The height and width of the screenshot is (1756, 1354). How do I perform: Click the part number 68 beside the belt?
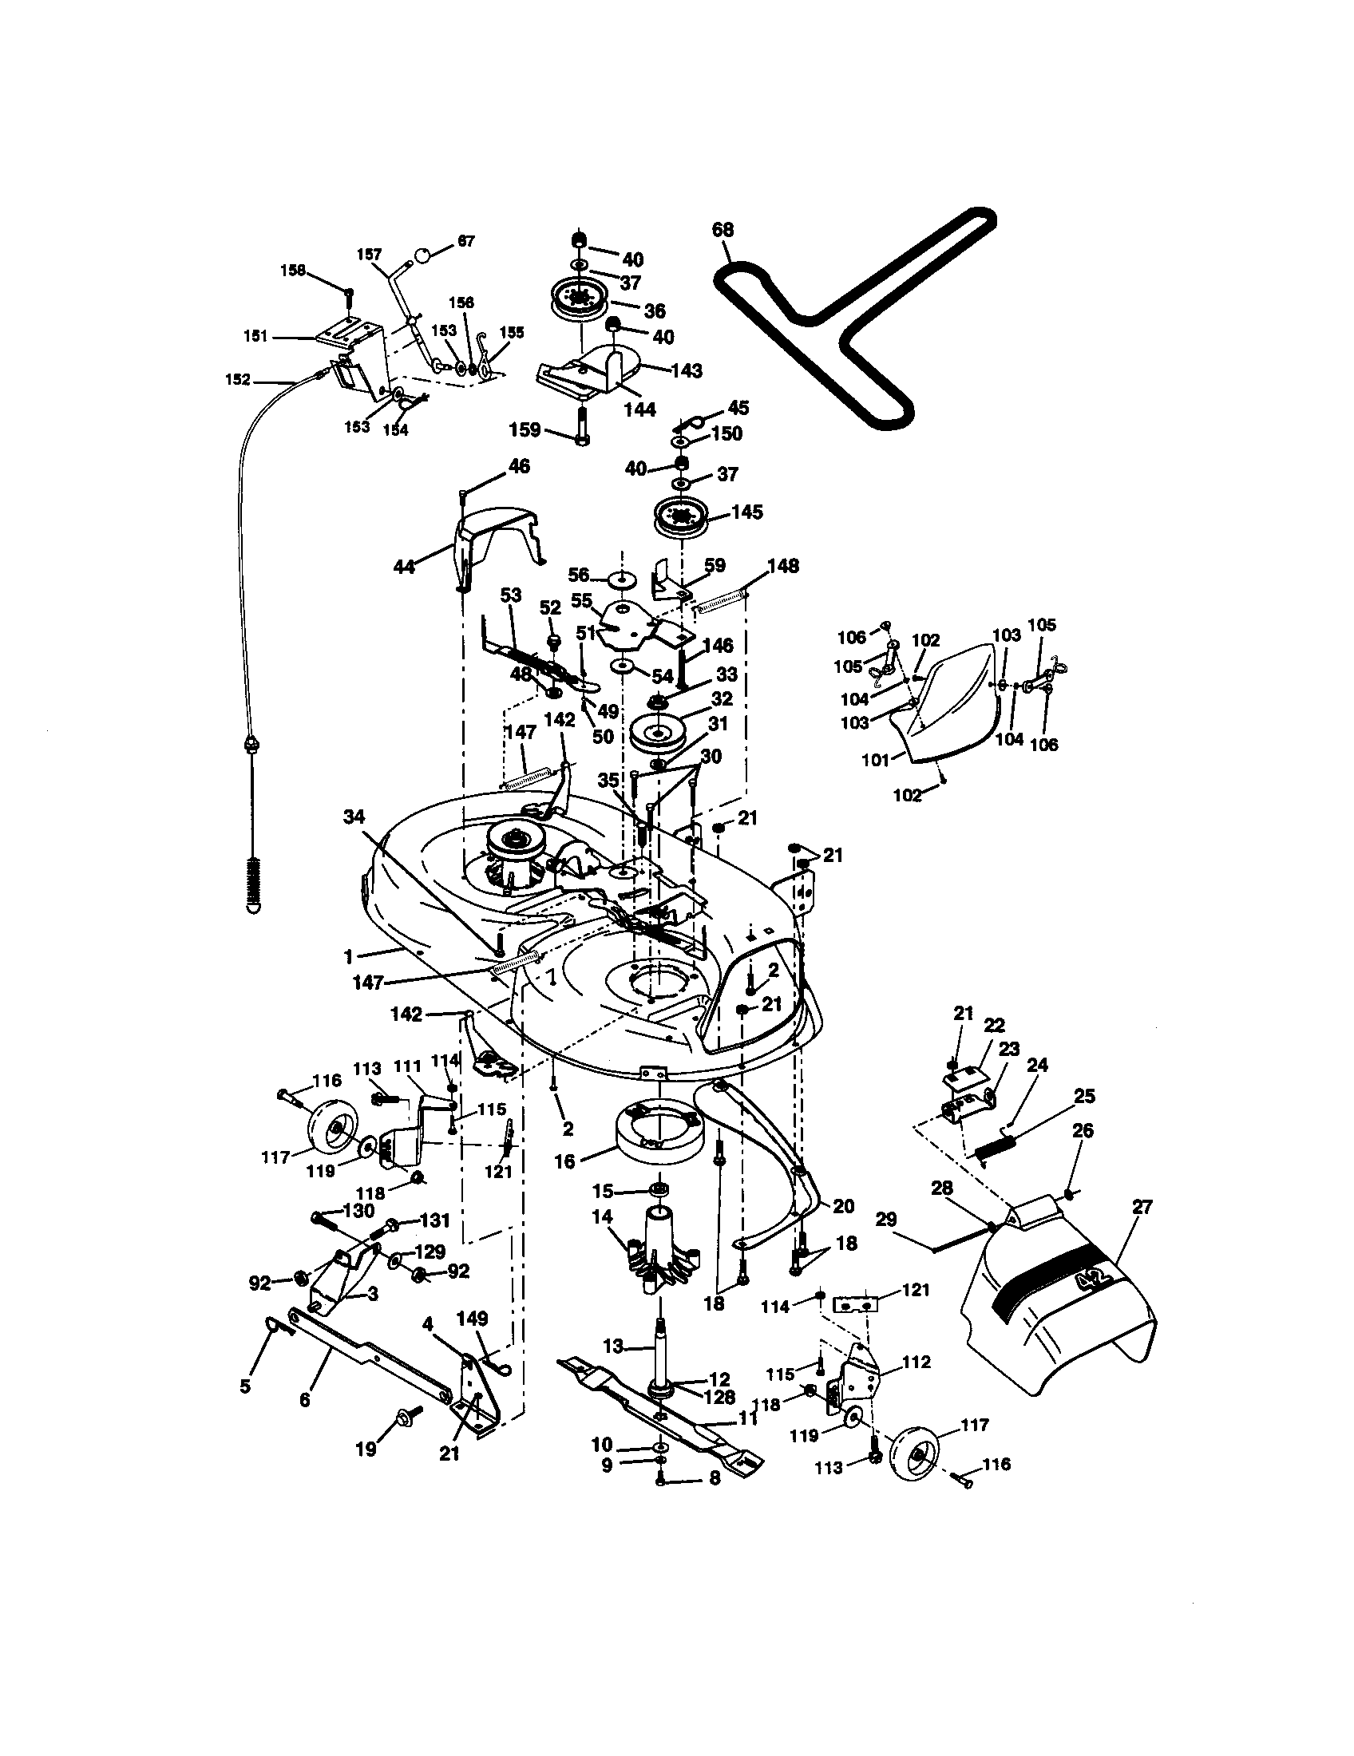pyautogui.click(x=723, y=230)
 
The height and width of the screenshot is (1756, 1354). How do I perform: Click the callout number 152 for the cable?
pyautogui.click(x=238, y=379)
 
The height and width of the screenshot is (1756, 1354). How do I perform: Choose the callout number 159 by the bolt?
pyautogui.click(x=525, y=430)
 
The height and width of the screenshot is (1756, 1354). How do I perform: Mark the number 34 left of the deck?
pyautogui.click(x=354, y=817)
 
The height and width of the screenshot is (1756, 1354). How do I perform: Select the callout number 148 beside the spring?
pyautogui.click(x=782, y=566)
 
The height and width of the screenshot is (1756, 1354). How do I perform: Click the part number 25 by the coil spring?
pyautogui.click(x=1085, y=1096)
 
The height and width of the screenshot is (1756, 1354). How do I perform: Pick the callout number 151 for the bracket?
pyautogui.click(x=255, y=337)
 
